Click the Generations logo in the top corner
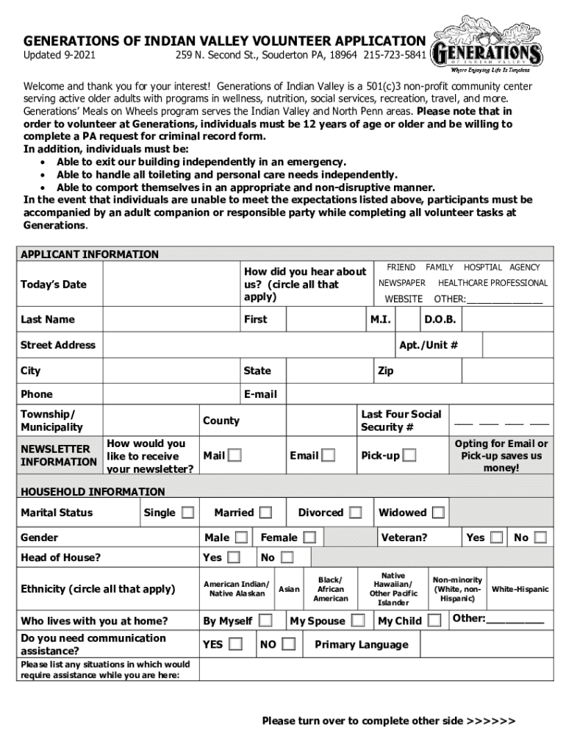click(x=488, y=46)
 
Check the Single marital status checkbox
click(x=189, y=512)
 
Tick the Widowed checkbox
click(x=438, y=512)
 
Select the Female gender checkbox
click(x=310, y=538)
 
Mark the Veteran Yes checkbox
click(x=497, y=538)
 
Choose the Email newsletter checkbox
click(x=329, y=455)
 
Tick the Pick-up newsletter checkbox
click(x=409, y=455)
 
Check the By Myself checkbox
click(x=265, y=621)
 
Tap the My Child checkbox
click(x=434, y=621)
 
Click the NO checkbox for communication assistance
click(x=289, y=644)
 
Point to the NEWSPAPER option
click(x=402, y=283)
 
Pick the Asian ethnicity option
click(x=289, y=589)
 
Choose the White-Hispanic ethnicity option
click(x=520, y=589)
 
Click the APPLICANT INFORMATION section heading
click(x=89, y=254)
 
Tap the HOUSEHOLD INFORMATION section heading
click(x=93, y=491)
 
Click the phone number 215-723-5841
click(x=395, y=56)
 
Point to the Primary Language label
click(x=361, y=645)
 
